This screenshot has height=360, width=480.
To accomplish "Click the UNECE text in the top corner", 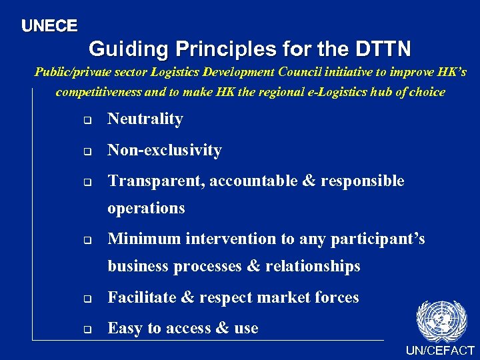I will [x=49, y=26].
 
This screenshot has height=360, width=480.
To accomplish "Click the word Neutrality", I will [x=145, y=119].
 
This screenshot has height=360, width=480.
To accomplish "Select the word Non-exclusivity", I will [x=165, y=151].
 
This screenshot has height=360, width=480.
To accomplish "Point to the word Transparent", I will [x=155, y=181].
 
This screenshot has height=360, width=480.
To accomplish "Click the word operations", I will [x=146, y=208].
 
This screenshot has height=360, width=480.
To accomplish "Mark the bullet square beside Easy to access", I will [x=86, y=329].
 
